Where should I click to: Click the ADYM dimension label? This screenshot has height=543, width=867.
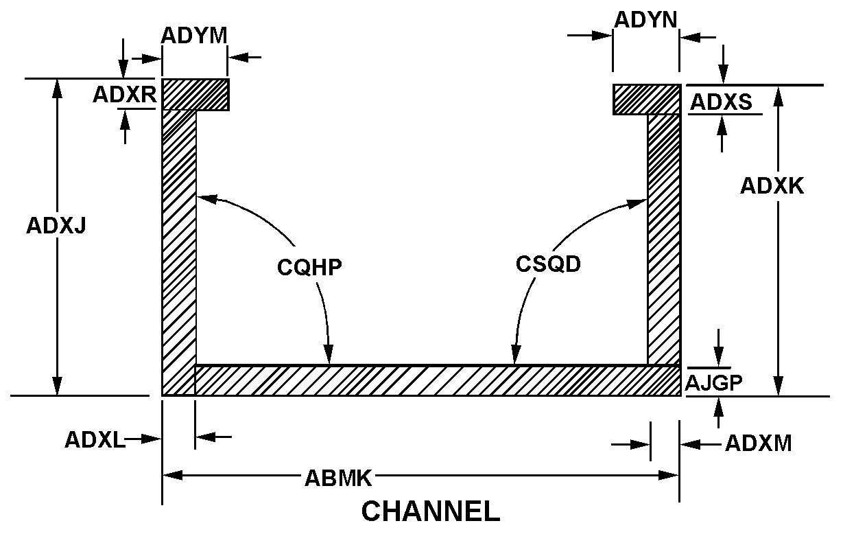194,36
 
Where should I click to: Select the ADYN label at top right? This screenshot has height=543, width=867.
645,19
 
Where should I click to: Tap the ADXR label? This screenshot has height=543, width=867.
125,94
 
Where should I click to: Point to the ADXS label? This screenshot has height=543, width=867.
721,102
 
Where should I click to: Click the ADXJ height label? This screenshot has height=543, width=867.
56,225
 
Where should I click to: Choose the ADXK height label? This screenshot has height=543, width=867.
772,185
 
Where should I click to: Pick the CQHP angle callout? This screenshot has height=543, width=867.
309,267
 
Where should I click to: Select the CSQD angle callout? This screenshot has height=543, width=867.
548,264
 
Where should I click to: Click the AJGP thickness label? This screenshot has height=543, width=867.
713,382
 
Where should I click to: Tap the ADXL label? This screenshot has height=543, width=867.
95,440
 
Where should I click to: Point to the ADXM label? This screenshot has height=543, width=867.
758,443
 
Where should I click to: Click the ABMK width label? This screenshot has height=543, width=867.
338,478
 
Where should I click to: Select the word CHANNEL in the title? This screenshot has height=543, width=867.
431,511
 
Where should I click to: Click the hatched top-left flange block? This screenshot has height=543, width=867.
195,95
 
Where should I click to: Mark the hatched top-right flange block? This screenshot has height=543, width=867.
647,100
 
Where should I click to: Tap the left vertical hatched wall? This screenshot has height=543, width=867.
179,252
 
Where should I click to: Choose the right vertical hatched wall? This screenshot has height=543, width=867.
664,240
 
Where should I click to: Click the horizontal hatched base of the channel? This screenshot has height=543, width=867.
438,380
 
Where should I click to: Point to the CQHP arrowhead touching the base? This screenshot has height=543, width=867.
329,354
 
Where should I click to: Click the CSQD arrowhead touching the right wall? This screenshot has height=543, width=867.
637,203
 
